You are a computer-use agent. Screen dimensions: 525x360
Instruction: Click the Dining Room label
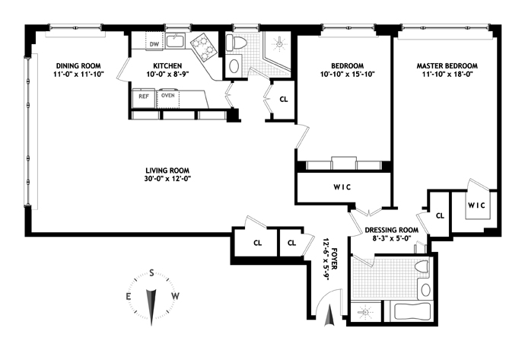78,66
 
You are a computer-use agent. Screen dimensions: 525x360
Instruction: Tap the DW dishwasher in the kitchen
154,42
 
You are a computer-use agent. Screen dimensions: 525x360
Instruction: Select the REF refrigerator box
144,98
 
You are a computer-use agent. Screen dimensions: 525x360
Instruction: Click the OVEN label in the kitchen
167,95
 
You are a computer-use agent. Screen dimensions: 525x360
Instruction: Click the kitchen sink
176,41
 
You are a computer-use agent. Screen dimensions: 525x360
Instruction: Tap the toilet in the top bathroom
237,43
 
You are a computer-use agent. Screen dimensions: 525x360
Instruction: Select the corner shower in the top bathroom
276,51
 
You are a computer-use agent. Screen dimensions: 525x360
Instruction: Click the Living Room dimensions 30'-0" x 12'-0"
167,179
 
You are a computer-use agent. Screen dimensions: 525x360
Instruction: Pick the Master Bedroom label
447,66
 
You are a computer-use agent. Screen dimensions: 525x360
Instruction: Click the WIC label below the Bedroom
342,187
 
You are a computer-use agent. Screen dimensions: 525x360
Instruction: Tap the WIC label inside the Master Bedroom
476,205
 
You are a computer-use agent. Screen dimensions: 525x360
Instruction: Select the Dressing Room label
391,230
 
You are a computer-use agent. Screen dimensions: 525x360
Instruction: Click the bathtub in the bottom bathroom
412,311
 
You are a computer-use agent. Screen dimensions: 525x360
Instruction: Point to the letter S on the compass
151,273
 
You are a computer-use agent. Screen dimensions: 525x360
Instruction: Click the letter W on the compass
176,296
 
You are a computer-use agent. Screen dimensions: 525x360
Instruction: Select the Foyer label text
334,259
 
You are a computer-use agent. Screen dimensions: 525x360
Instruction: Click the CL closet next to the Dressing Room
440,216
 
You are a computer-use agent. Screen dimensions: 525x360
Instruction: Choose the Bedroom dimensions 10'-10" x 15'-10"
347,75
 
